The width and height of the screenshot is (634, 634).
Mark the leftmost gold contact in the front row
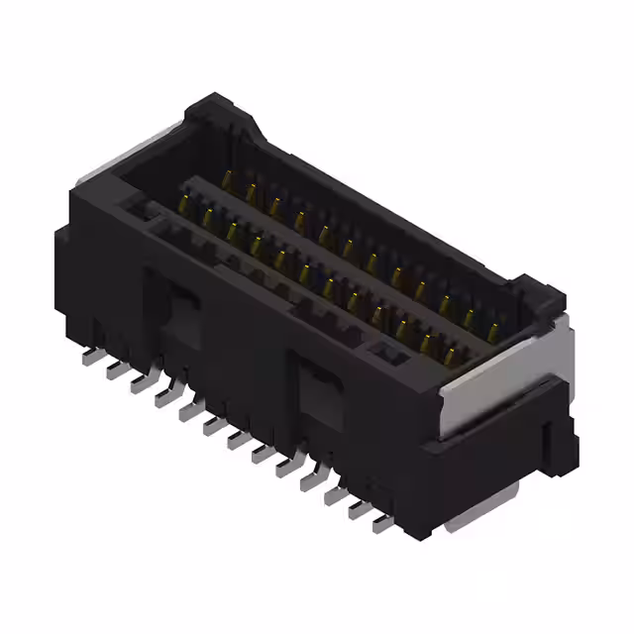184,204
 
